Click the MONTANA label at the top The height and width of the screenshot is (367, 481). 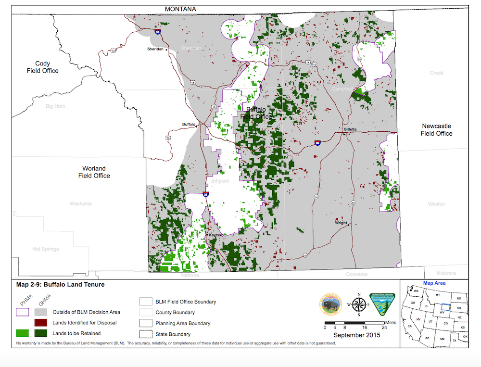click(180, 9)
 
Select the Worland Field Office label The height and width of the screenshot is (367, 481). click(94, 172)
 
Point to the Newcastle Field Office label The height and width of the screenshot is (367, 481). click(436, 130)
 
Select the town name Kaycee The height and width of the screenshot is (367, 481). click(215, 235)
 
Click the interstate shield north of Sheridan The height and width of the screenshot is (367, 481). click(158, 31)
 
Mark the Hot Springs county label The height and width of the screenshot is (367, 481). click(45, 249)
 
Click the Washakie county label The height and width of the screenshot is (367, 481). click(81, 203)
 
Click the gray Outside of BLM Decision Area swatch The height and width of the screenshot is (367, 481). click(43, 312)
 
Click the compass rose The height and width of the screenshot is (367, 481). click(358, 304)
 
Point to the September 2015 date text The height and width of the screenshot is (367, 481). click(356, 335)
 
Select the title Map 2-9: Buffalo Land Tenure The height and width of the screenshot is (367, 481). click(60, 284)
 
